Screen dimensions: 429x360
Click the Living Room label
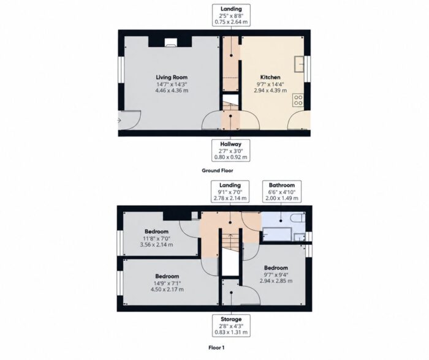172,77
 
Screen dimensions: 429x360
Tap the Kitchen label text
270,77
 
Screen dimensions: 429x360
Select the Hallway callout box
231,151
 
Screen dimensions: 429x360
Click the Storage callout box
231,326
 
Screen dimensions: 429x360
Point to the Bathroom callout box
282,192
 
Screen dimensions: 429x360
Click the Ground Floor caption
218,171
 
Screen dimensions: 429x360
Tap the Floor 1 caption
216,348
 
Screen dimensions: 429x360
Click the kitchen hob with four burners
298,100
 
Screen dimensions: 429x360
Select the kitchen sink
299,64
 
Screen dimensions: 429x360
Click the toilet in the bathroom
298,218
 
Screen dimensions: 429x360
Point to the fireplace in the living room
170,42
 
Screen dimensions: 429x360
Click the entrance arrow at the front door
120,120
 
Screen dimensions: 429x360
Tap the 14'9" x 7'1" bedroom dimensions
167,283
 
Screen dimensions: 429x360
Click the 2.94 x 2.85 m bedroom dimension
276,281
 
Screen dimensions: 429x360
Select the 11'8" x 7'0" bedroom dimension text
156,238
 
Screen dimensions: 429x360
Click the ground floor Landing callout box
231,15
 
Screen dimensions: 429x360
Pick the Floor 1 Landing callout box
230,192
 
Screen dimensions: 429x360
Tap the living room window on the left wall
121,69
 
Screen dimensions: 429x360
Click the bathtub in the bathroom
277,234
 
